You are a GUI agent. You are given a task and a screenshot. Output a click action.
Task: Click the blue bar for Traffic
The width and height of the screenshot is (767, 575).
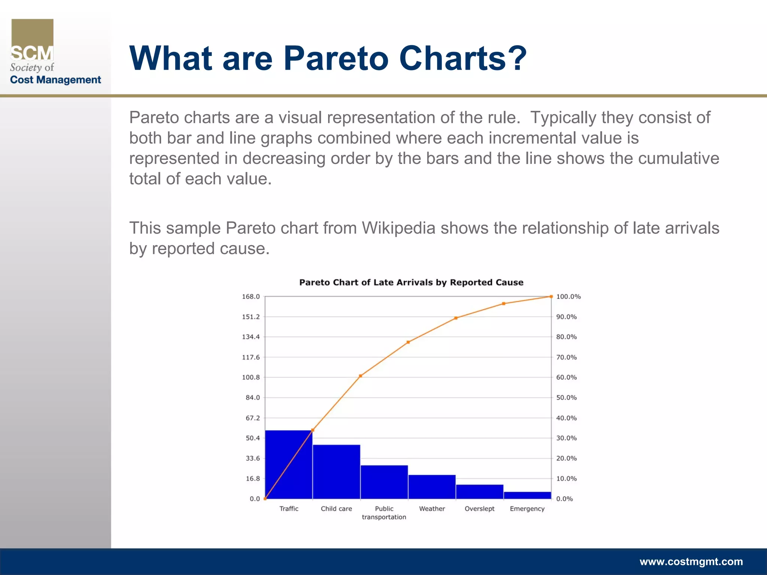pos(289,464)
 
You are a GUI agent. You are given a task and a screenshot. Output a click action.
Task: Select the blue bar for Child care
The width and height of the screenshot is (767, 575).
pos(336,472)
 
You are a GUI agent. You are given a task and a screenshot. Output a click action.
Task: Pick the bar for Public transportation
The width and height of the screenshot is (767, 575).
pos(384,482)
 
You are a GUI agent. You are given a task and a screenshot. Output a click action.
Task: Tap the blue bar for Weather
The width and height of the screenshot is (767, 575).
pos(432,487)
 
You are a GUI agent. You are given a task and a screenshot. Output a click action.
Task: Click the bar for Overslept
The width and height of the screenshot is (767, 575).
pos(479,492)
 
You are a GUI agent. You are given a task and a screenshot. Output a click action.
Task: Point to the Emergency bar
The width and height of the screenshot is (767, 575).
pos(527,495)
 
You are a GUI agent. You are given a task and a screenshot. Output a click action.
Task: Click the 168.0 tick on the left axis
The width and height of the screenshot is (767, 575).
pos(251,296)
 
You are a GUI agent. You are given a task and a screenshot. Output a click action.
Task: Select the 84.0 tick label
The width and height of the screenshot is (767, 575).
pos(252,398)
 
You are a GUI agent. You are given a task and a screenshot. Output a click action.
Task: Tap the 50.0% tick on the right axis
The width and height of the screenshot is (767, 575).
pos(566,398)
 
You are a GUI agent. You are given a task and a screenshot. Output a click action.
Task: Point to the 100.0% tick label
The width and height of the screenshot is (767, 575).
pos(568,296)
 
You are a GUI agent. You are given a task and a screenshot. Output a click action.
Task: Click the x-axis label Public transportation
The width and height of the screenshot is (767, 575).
pos(384,513)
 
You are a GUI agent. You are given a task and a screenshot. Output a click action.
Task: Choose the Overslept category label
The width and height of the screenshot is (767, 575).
pos(479,509)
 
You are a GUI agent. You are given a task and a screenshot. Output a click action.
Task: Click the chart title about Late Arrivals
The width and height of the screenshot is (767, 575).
pos(411,282)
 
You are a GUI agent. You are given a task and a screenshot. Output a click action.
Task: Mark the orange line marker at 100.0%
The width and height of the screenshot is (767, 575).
pos(551,296)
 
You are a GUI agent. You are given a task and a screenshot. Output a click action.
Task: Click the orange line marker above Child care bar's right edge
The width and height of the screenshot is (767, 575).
pos(360,376)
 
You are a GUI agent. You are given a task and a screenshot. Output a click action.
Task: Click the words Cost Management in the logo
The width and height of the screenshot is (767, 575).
pos(55,80)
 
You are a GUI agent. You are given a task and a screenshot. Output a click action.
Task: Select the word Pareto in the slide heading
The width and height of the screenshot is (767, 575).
pos(336,58)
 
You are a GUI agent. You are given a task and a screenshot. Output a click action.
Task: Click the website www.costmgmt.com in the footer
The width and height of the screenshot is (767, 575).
pos(691,562)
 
